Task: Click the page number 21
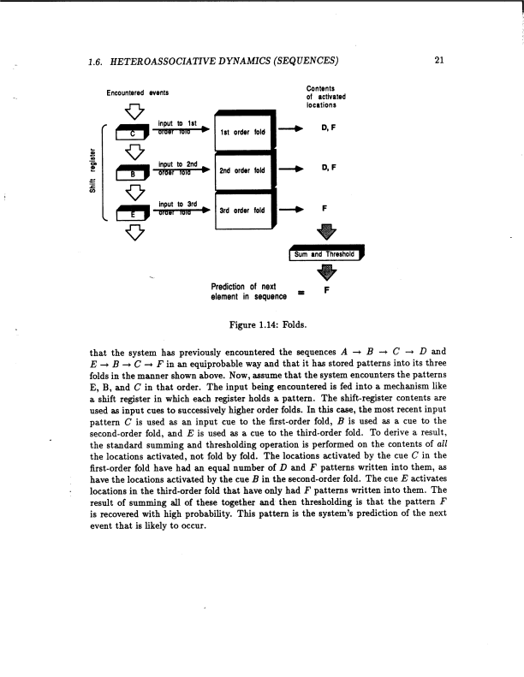(x=438, y=60)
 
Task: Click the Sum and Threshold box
(x=328, y=254)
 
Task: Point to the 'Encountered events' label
(x=137, y=92)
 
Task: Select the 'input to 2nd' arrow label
(x=178, y=165)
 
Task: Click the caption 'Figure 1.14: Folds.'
(x=261, y=326)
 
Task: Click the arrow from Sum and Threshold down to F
(x=327, y=273)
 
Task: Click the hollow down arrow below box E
(x=133, y=234)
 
